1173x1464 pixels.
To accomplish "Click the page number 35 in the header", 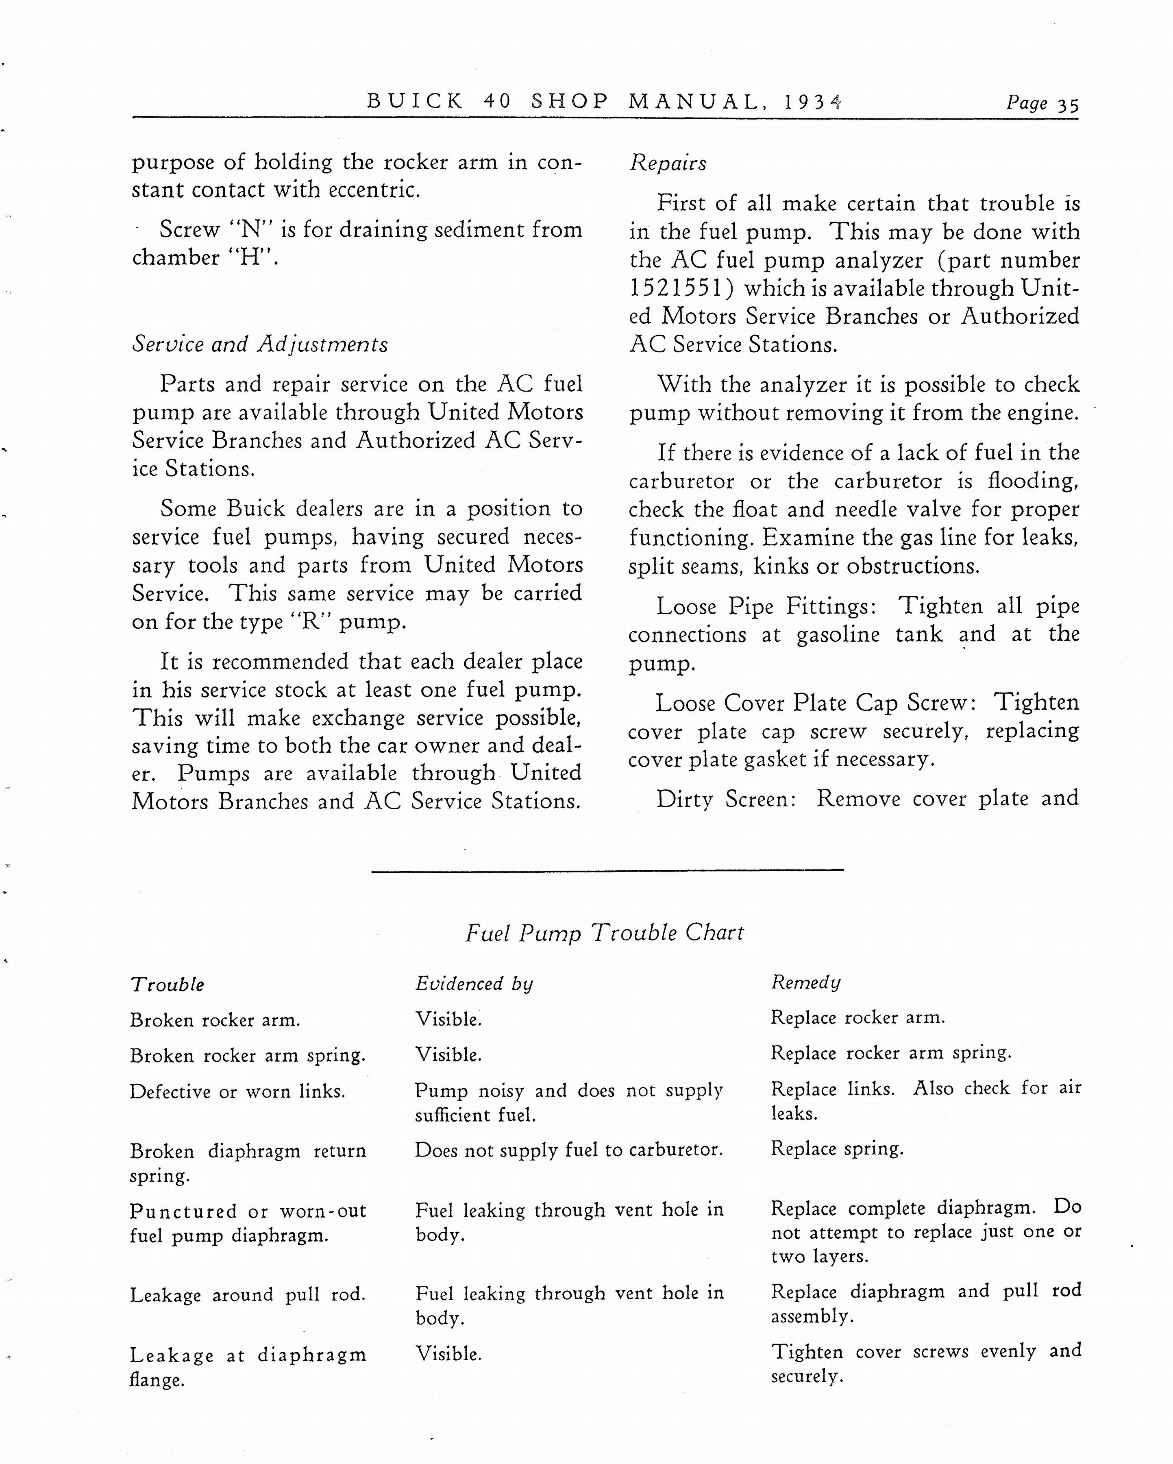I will pos(1068,104).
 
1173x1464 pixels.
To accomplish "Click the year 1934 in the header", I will pos(812,102).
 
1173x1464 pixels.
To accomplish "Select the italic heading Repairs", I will pos(668,163).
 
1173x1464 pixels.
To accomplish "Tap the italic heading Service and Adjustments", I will pos(260,344).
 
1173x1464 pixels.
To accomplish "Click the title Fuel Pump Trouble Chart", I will pos(604,932).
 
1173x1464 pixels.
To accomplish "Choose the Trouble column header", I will pos(167,985).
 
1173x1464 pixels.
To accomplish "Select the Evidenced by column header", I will pos(474,984).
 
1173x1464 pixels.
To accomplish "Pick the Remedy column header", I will pos(806,983).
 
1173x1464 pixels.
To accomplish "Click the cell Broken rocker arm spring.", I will pos(248,1055).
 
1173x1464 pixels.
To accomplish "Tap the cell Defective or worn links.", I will pos(237,1091).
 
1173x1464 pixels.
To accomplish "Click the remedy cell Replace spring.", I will pos(837,1148).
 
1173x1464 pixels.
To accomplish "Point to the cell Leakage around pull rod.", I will pos(248,1295).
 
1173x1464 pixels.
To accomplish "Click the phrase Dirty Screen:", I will pos(726,799).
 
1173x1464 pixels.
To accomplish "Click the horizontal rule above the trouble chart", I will pos(607,870).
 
